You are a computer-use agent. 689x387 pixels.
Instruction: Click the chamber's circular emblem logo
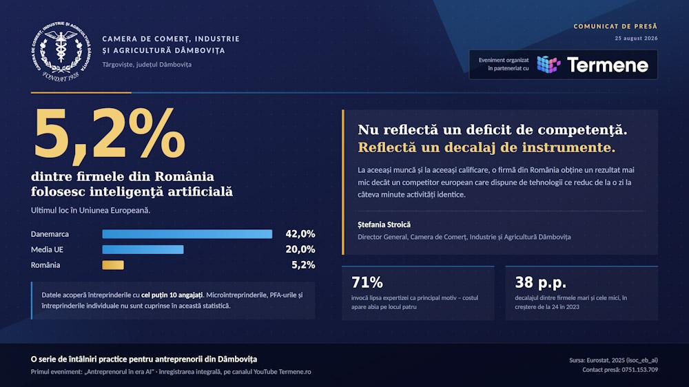[61, 51]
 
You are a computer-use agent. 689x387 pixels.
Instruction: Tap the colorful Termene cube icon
[548, 65]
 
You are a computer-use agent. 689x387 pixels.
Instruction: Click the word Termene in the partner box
[608, 65]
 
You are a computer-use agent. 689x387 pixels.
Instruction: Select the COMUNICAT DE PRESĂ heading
[615, 26]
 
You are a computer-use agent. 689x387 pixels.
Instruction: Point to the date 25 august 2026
[636, 38]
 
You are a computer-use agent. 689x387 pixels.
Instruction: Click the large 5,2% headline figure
[109, 133]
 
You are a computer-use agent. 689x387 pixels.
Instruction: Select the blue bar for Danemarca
[187, 234]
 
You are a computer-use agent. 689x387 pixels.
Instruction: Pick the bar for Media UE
[143, 249]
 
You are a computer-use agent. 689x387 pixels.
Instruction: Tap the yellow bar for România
[113, 265]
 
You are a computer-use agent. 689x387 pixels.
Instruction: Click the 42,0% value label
[300, 233]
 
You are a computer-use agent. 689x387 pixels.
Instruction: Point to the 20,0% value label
[300, 249]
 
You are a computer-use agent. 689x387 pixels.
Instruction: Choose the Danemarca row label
[50, 234]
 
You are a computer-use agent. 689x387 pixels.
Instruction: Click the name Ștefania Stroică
[384, 224]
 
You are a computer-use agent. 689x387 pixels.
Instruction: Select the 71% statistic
[367, 282]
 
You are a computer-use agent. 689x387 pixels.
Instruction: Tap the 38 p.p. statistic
[540, 282]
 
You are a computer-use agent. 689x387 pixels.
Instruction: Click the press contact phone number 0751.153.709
[639, 370]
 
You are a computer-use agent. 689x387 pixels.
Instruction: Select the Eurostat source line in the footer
[613, 360]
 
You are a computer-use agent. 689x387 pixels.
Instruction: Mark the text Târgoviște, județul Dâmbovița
[147, 65]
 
